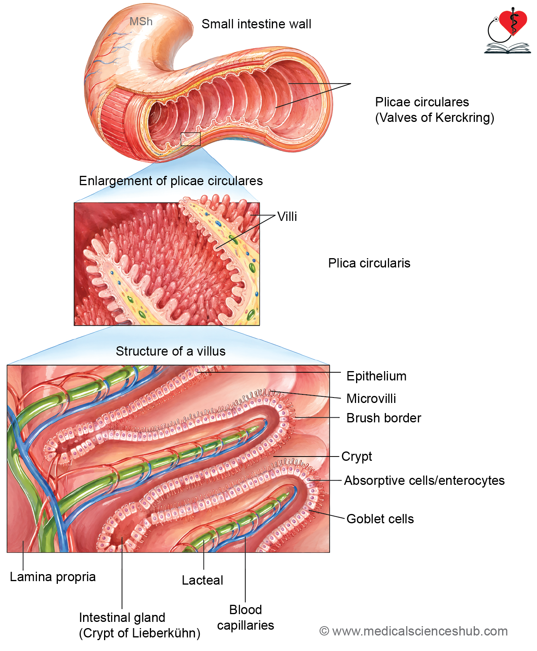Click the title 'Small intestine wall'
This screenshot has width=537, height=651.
256,24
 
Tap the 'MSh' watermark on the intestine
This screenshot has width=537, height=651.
141,21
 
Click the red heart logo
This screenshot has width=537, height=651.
513,23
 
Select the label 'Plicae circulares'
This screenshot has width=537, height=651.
422,102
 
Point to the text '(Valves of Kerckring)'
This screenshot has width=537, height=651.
434,118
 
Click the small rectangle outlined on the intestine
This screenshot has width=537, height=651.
191,139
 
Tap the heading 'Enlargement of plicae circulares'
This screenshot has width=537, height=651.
171,181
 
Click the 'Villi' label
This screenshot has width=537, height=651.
287,217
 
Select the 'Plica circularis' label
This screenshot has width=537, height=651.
369,263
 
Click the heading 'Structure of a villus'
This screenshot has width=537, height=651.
170,351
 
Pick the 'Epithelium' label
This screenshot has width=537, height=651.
376,376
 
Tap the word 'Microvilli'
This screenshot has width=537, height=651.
371,399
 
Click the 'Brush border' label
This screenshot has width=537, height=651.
384,418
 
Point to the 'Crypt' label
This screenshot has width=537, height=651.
356,457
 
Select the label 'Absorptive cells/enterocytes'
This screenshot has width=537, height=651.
424,481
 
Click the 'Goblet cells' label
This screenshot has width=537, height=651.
380,519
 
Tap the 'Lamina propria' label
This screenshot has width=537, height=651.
53,577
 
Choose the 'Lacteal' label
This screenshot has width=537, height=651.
202,580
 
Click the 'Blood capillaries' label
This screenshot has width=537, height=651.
245,618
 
